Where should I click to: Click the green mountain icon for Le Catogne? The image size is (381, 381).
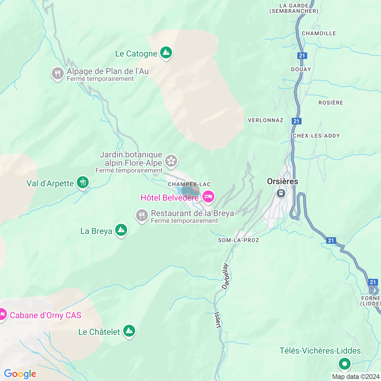[166, 53]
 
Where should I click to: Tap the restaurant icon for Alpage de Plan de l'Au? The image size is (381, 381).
[57, 74]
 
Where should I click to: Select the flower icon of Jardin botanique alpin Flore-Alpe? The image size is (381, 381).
[171, 161]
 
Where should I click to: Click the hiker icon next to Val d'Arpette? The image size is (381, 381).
[83, 182]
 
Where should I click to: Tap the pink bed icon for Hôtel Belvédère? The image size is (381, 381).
[208, 197]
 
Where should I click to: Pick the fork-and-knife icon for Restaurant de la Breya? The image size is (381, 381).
[142, 215]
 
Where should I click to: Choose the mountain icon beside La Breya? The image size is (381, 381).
[121, 230]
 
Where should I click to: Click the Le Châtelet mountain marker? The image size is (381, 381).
[129, 331]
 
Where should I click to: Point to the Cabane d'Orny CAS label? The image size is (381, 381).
[46, 315]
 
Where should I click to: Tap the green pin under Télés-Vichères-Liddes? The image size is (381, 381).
[345, 364]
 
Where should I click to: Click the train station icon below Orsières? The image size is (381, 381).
[281, 193]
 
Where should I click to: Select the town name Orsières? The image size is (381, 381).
[282, 181]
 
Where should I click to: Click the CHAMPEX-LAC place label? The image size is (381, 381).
[189, 184]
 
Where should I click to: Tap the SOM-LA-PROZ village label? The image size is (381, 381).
[239, 240]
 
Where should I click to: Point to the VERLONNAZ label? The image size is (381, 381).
[266, 120]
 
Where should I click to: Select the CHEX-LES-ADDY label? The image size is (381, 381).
[316, 136]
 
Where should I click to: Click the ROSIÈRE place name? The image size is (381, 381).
[331, 103]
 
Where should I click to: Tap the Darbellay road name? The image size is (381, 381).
[226, 276]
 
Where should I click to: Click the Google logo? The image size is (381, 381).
[20, 374]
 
